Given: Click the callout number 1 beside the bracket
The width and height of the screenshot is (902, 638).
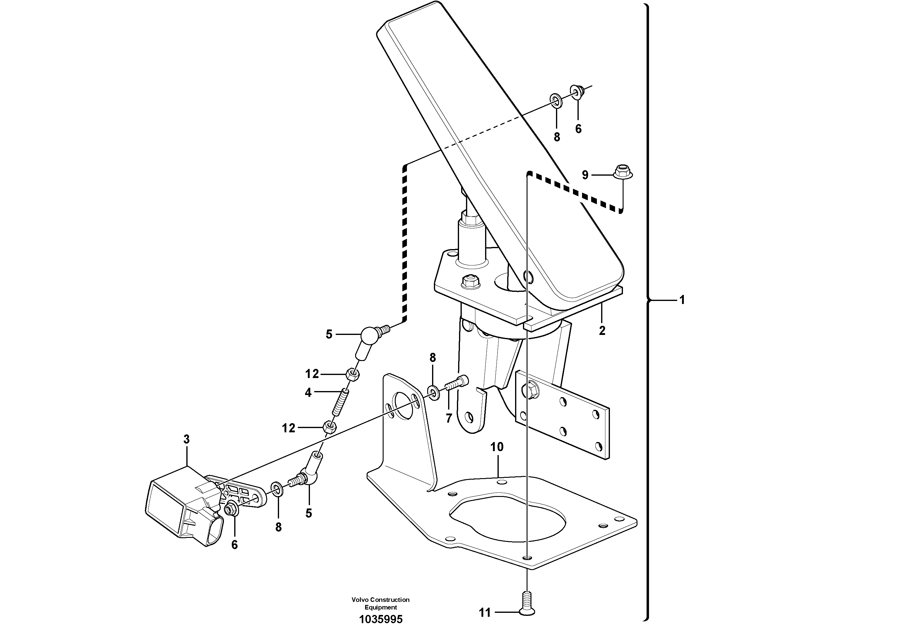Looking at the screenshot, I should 682,300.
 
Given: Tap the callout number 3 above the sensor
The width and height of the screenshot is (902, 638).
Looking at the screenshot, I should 186,439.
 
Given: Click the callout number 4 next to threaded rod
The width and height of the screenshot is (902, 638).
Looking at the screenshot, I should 308,393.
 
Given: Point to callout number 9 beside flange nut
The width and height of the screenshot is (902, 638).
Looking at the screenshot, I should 585,175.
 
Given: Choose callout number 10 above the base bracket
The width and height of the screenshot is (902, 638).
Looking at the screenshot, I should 497,447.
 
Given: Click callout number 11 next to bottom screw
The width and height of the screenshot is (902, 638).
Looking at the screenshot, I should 485,613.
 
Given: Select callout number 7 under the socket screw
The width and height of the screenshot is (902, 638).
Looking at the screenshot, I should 449,418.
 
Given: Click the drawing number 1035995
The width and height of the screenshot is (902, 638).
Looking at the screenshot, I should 381,619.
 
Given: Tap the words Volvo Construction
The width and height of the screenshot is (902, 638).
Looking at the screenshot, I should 380,600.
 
